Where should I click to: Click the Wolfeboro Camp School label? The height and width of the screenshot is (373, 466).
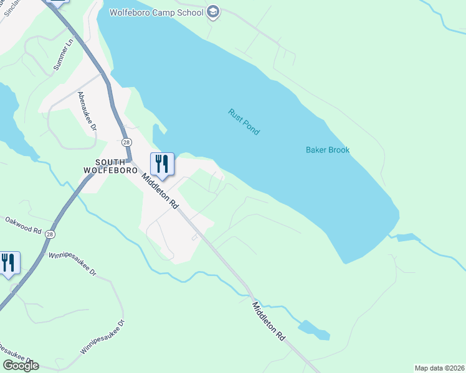(156, 12)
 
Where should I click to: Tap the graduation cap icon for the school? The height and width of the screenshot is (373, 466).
(213, 12)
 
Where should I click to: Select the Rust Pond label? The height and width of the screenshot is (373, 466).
(244, 122)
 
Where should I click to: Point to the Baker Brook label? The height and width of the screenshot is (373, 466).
(328, 150)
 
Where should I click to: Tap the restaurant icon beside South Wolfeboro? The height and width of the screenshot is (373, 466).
(162, 164)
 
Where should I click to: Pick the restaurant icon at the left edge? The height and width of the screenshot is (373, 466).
(9, 262)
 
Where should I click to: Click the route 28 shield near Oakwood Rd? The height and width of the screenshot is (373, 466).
(50, 234)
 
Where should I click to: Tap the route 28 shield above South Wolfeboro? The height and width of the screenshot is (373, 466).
(126, 142)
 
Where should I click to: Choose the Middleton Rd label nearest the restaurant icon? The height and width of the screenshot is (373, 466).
(160, 191)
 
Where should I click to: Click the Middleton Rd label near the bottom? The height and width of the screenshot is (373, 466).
(269, 321)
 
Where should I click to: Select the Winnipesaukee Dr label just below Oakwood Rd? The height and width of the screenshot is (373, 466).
(74, 264)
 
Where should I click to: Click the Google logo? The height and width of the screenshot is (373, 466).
(21, 366)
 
